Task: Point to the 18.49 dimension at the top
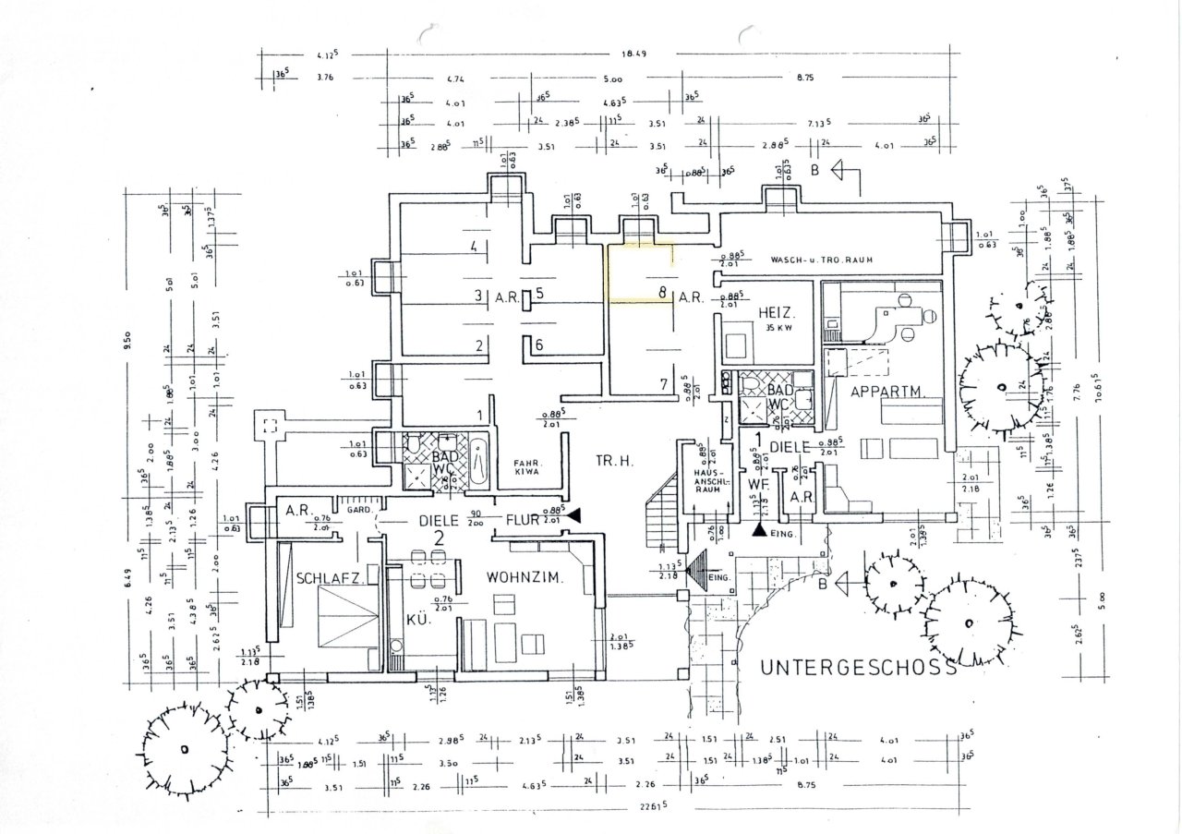pyautogui.click(x=633, y=54)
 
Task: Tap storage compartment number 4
pyautogui.click(x=473, y=247)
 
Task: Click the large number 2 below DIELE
pyautogui.click(x=440, y=538)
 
